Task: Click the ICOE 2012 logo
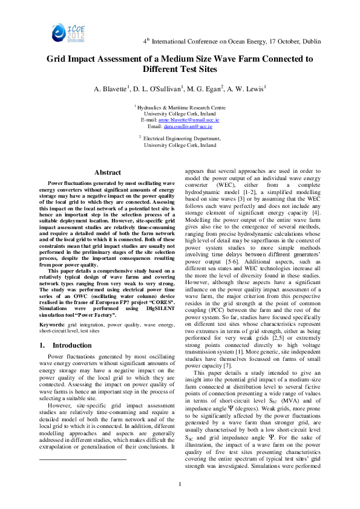tap(53, 27)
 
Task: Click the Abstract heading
tap(107, 173)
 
